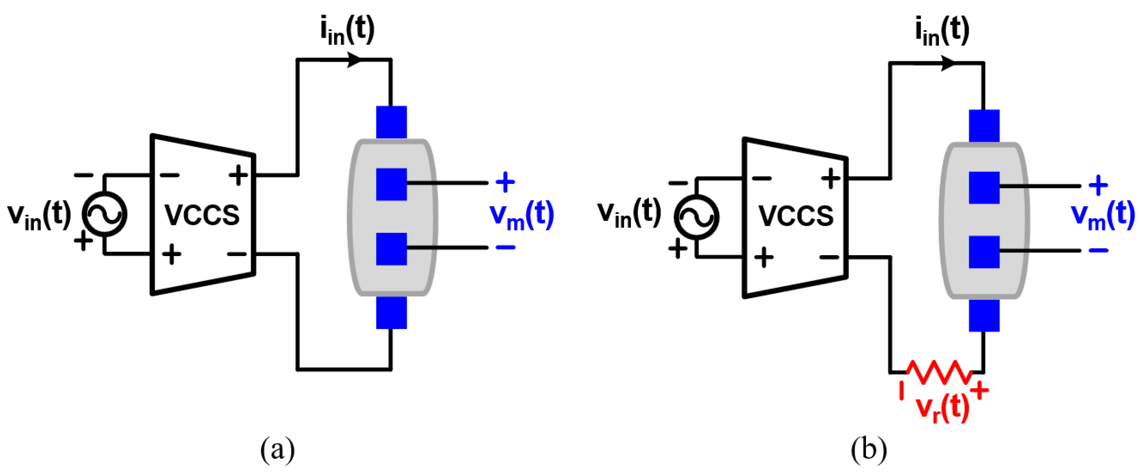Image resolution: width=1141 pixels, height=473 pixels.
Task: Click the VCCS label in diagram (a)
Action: [202, 215]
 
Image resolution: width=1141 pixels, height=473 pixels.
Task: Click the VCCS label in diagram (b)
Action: [796, 216]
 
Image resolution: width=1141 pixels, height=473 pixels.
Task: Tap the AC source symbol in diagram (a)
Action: [105, 214]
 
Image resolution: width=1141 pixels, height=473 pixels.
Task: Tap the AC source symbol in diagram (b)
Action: [696, 217]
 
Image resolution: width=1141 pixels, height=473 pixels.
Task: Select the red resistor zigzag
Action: [939, 372]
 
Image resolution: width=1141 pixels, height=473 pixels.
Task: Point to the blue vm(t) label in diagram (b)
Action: [1103, 216]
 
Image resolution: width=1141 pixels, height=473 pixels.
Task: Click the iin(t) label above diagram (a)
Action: [347, 30]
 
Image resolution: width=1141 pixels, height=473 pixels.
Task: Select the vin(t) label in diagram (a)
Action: [39, 215]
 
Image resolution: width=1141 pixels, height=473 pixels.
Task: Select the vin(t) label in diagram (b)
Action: [629, 213]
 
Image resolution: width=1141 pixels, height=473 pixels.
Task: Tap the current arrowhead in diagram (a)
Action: [354, 59]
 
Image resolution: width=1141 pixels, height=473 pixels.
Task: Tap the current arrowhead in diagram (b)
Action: [948, 63]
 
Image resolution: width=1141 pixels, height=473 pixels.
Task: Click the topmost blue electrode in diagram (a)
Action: [392, 122]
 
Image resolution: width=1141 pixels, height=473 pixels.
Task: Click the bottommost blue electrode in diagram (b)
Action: [984, 315]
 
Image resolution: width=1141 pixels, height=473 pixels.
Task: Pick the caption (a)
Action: [278, 449]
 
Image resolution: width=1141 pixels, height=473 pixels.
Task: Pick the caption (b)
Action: [869, 449]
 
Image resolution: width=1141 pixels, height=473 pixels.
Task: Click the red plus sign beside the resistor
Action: [980, 391]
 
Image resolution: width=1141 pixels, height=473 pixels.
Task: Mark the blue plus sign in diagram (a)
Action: [505, 182]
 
